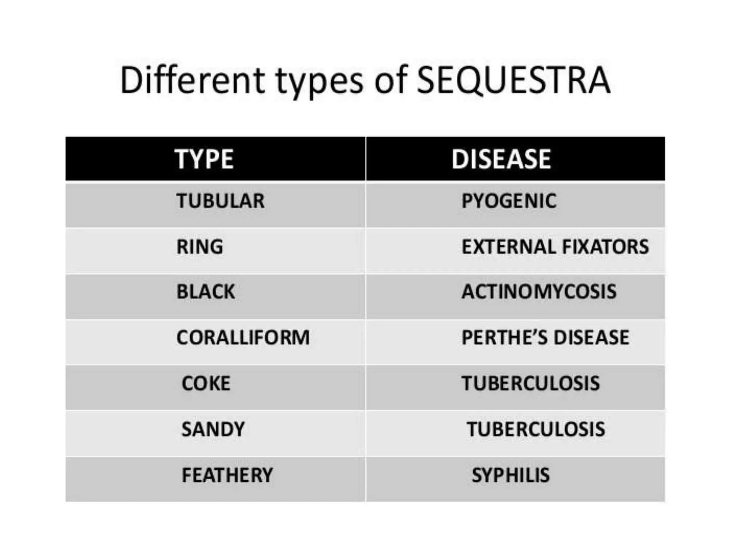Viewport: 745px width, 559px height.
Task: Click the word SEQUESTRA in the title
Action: tap(513, 80)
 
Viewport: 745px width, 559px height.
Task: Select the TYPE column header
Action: tap(204, 159)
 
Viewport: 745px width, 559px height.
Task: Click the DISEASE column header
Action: tap(501, 159)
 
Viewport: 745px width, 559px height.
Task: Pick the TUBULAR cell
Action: tap(220, 201)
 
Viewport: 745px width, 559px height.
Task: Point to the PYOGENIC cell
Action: tap(509, 201)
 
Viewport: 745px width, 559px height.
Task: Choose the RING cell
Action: tap(200, 247)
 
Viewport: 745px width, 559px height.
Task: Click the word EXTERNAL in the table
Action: tap(508, 247)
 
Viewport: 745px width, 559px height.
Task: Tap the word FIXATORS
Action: tap(605, 247)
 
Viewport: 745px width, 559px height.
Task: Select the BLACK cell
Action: tap(206, 292)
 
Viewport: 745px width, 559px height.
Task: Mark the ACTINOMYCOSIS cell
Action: tap(539, 292)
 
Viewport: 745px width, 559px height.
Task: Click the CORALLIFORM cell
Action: tap(243, 337)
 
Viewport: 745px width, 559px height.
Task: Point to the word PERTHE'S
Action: tap(504, 337)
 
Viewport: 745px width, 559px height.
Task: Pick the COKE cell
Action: tap(206, 383)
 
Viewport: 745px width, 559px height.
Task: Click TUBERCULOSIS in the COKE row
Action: tap(531, 383)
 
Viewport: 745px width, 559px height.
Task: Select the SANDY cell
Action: tap(213, 429)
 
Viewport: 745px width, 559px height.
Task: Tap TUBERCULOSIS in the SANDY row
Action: tap(536, 429)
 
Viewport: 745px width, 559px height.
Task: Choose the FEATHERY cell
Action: tap(227, 475)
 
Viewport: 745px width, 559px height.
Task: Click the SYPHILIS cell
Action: tap(511, 475)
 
